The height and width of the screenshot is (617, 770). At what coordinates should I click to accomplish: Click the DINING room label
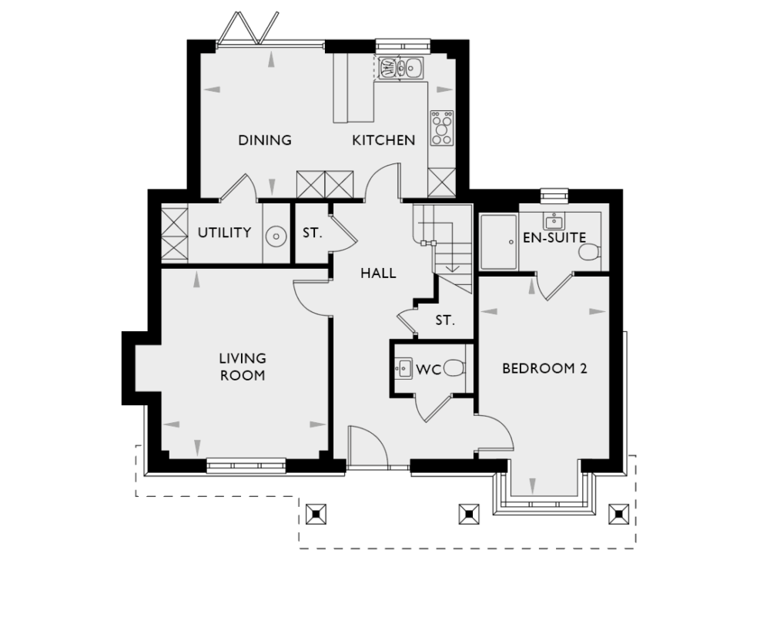click(264, 140)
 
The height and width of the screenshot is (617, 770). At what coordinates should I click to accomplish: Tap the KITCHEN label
click(383, 140)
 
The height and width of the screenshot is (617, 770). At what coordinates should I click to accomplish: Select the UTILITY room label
click(224, 233)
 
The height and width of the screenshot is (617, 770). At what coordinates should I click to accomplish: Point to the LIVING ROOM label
click(243, 367)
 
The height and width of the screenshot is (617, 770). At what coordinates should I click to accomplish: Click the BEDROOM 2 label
click(544, 368)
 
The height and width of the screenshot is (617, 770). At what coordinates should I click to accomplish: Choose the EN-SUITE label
click(554, 238)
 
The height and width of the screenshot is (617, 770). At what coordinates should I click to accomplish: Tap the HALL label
click(378, 273)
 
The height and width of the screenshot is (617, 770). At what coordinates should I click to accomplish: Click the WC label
click(428, 370)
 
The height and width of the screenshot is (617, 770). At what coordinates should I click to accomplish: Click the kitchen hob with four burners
click(442, 128)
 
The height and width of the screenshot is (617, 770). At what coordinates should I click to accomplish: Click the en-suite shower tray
click(498, 242)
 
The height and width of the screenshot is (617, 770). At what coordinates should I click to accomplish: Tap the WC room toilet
click(455, 368)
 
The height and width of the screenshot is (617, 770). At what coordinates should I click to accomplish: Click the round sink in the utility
click(274, 235)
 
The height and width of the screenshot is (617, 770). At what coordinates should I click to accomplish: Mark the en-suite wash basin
click(553, 221)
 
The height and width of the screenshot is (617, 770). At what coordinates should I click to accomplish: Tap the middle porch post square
click(467, 514)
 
